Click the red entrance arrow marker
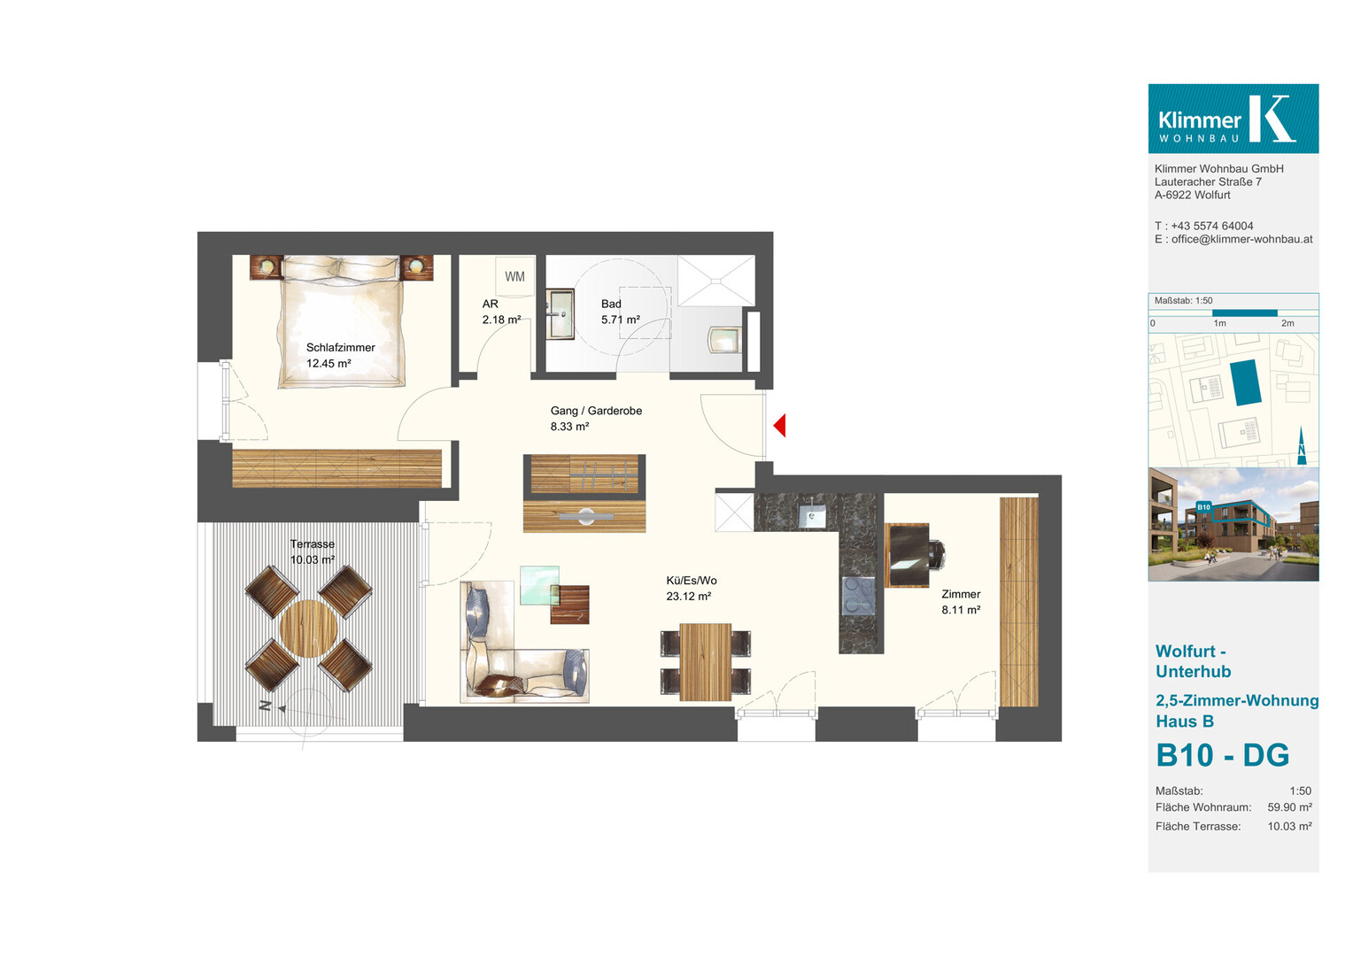(x=780, y=425)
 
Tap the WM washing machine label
(x=514, y=276)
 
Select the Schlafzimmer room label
(x=340, y=347)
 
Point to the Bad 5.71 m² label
(x=621, y=312)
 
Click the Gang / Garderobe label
(x=596, y=411)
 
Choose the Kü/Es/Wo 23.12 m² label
(x=691, y=589)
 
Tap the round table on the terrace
(x=309, y=628)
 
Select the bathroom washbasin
(x=560, y=314)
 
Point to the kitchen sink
(x=812, y=516)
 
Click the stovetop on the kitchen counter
(x=858, y=596)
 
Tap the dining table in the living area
(x=706, y=662)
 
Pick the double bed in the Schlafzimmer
(x=341, y=321)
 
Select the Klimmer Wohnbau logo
(x=1233, y=119)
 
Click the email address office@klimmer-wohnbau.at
(x=1241, y=239)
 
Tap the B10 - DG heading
(x=1223, y=755)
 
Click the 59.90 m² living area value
(x=1289, y=807)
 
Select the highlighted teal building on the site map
(x=1245, y=382)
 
